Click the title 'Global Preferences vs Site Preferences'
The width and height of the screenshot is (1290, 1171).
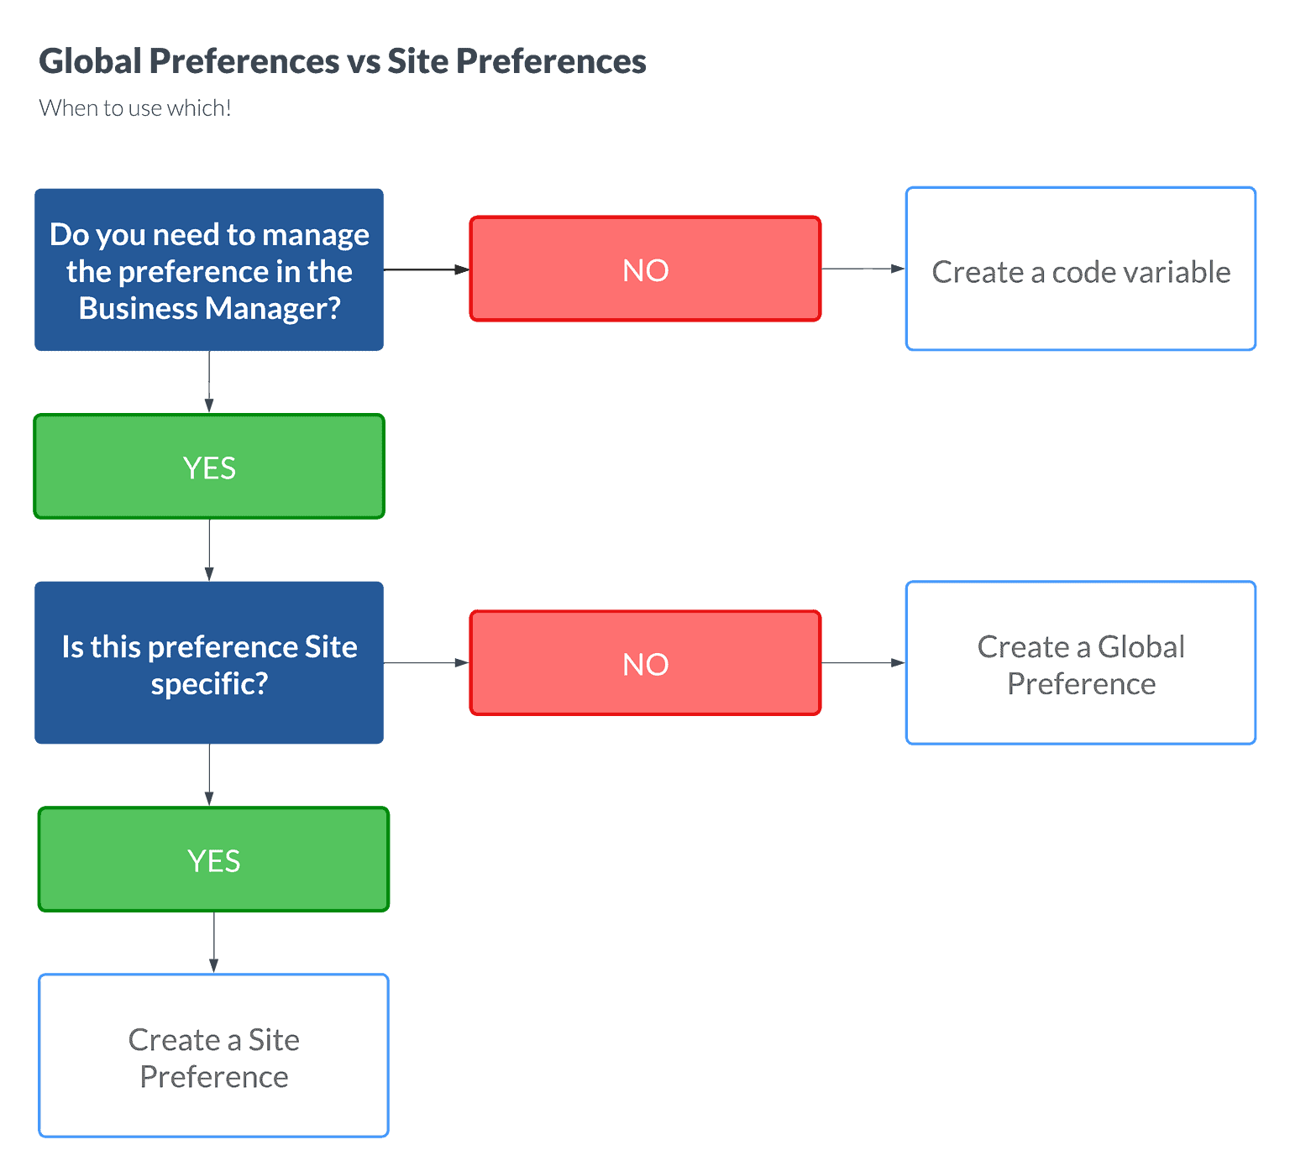point(343,61)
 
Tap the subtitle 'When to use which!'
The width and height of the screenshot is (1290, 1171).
point(134,107)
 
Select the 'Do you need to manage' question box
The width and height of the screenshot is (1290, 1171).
point(209,269)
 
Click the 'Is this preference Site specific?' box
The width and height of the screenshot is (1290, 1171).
point(209,663)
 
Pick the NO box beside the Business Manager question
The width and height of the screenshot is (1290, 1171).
point(645,269)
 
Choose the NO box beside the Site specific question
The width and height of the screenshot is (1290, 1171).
point(645,663)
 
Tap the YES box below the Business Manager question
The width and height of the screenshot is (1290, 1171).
point(209,467)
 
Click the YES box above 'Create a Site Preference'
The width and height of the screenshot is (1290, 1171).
point(213,860)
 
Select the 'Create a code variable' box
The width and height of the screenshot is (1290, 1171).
point(1081,269)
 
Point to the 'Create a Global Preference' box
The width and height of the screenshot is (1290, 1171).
point(1081,663)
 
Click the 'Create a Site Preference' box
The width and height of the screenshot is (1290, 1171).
point(213,1056)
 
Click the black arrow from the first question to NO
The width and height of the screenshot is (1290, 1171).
point(427,269)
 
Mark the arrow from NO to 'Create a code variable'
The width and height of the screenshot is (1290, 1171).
point(863,269)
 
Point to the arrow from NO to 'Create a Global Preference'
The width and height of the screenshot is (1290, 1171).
point(863,663)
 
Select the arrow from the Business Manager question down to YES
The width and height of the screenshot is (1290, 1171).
point(209,383)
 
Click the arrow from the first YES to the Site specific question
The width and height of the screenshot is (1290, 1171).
point(209,550)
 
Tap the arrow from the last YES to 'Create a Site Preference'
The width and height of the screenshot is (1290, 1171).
point(213,943)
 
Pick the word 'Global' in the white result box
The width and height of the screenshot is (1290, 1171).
point(1141,647)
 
